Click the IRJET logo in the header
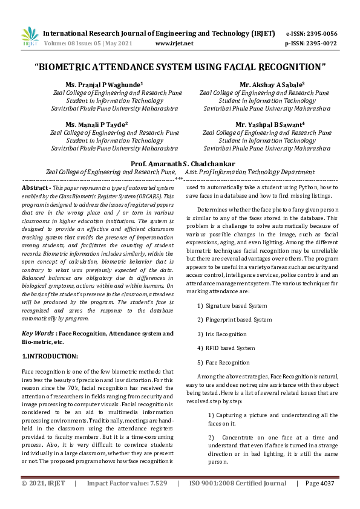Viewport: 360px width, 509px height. (x=30, y=37)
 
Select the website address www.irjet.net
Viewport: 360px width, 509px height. (x=174, y=44)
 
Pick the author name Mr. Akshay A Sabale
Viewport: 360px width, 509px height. (x=263, y=85)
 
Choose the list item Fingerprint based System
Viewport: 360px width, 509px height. (x=238, y=320)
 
